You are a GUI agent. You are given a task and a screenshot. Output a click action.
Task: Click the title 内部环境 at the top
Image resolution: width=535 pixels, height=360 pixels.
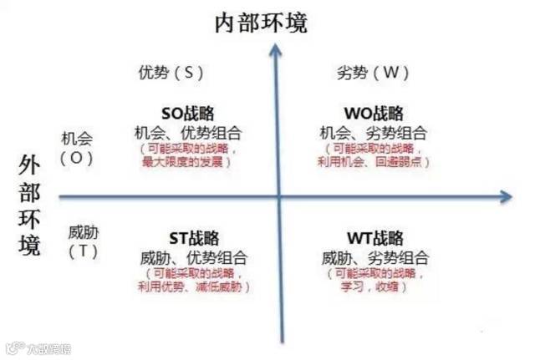(x=261, y=23)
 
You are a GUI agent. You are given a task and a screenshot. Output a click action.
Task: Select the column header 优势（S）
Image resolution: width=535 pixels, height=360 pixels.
(x=171, y=73)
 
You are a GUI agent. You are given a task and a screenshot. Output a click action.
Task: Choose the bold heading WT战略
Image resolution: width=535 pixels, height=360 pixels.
(x=374, y=239)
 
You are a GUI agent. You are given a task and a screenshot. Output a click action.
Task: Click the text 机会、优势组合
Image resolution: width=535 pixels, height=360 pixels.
(x=188, y=132)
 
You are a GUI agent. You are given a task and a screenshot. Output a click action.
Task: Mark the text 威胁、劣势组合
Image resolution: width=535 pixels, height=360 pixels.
(x=374, y=257)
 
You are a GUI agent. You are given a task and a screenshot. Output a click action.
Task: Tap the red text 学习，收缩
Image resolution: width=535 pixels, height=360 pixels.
(x=374, y=286)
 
